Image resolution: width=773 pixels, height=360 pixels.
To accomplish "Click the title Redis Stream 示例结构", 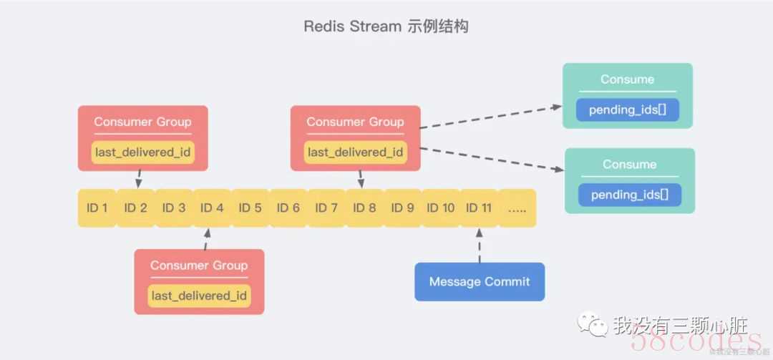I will click(x=386, y=26).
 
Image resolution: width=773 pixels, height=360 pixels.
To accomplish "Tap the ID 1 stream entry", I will click(x=96, y=208).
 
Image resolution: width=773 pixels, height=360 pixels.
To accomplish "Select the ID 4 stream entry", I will click(x=212, y=208).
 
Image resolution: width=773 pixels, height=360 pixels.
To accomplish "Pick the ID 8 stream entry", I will click(x=364, y=208).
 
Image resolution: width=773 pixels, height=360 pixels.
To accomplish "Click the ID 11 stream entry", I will click(x=479, y=208).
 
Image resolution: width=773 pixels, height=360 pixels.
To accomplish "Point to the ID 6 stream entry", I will click(x=288, y=208).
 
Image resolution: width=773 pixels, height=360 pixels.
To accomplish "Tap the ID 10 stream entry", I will click(x=441, y=208).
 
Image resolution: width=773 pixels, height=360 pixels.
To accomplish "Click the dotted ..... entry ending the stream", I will click(x=517, y=208).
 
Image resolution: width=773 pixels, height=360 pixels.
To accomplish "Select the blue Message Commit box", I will click(x=480, y=281).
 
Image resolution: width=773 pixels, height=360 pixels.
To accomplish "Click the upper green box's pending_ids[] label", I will click(x=628, y=110).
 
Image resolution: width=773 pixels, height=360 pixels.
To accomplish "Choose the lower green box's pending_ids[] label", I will click(x=630, y=195).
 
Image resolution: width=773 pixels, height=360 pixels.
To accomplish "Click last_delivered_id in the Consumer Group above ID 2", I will click(x=143, y=152).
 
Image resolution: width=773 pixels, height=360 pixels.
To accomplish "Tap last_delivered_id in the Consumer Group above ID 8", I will click(x=356, y=152).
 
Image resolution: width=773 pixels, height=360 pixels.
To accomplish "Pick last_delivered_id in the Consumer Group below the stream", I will click(x=199, y=296).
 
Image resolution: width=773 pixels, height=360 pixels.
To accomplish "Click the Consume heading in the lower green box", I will click(x=629, y=165).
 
